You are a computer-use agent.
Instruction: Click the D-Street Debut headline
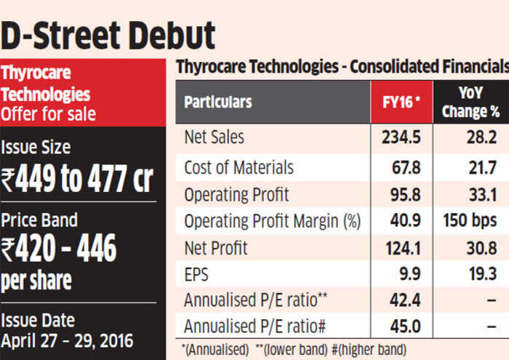[108, 34]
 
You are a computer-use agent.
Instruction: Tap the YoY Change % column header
[471, 102]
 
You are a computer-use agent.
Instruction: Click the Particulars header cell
[217, 102]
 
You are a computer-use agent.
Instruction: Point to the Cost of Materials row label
[239, 167]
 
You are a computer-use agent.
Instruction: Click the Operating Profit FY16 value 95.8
[404, 195]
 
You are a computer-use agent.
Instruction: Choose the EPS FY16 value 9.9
[406, 276]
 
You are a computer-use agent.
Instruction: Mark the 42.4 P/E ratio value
[404, 301]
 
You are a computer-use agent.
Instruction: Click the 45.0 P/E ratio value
[404, 327]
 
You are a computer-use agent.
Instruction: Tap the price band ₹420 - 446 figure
[60, 249]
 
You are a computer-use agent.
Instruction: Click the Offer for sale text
[48, 113]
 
